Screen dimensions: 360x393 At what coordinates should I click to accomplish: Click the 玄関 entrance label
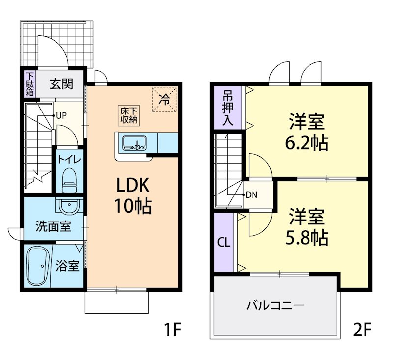click(x=61, y=84)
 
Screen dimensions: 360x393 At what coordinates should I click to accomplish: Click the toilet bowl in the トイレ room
click(x=69, y=180)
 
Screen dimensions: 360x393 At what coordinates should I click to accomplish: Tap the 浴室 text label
click(x=67, y=267)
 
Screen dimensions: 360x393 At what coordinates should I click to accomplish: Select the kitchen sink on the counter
click(x=133, y=143)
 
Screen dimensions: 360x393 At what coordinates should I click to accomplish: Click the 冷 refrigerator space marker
click(x=164, y=99)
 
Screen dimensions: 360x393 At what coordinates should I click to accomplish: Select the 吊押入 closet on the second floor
click(x=227, y=109)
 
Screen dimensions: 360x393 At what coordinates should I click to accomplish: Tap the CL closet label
click(x=224, y=242)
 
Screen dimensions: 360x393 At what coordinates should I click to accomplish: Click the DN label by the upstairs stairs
click(x=252, y=194)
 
